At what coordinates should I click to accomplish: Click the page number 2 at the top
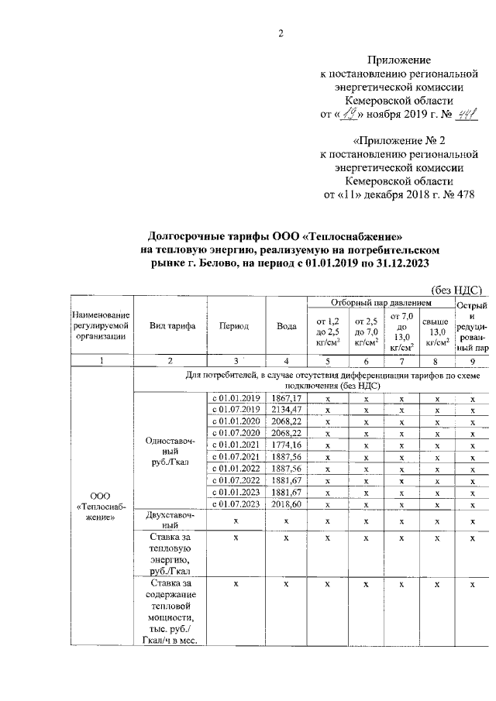pos(281,33)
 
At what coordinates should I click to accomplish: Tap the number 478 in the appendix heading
pos(463,194)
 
